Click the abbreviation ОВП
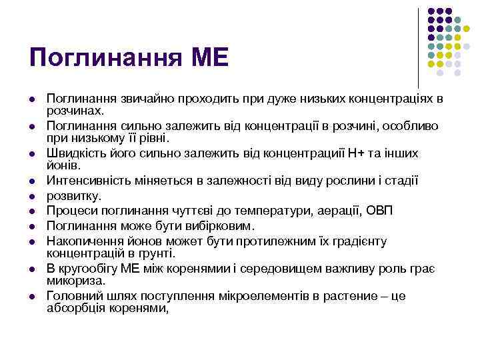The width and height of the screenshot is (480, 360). point(379,211)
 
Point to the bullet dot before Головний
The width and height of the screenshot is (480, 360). point(32,296)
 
